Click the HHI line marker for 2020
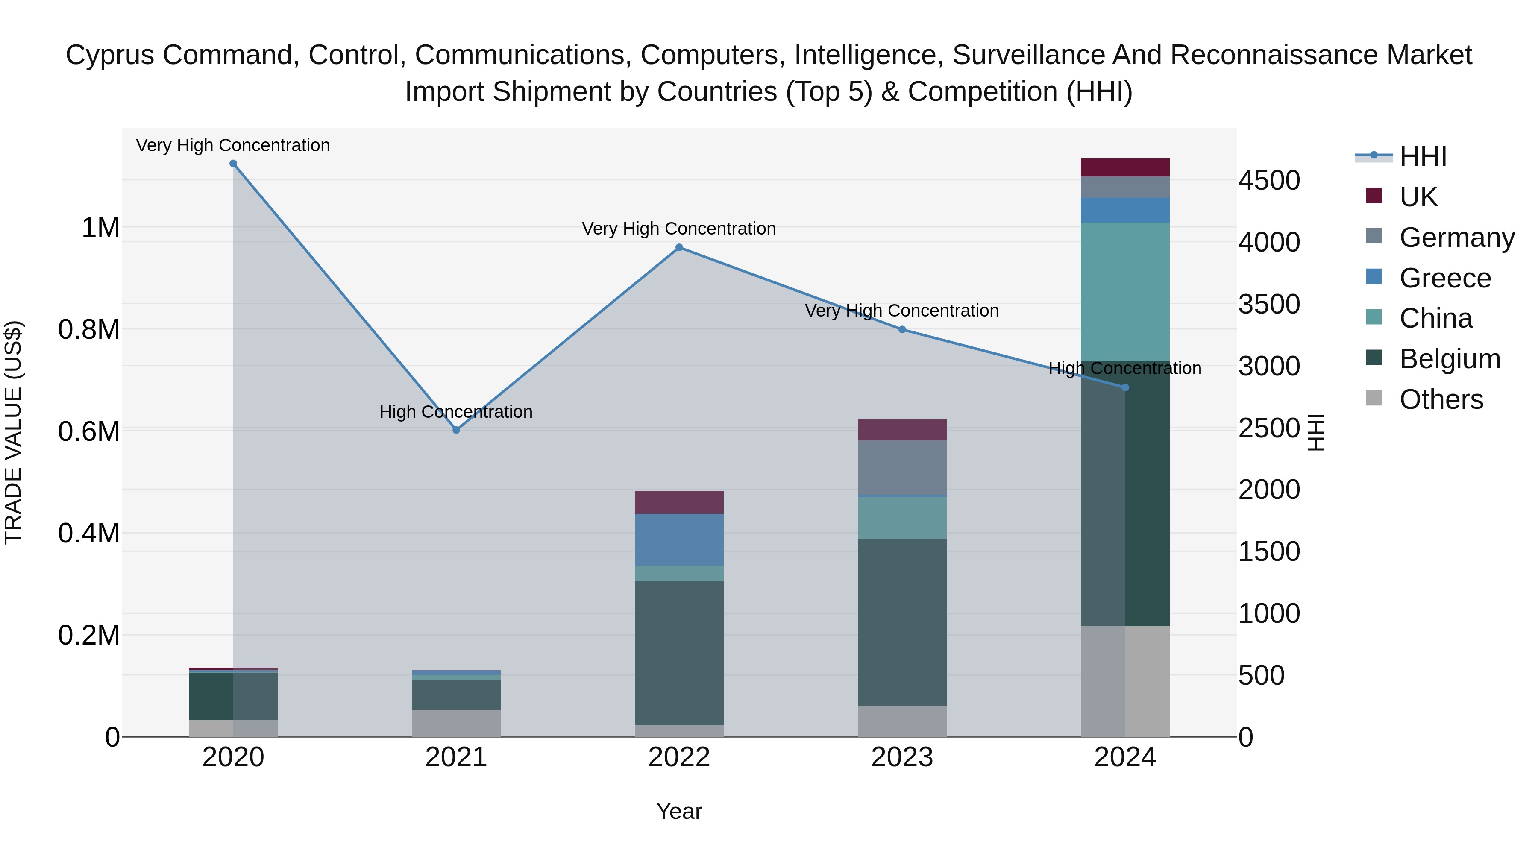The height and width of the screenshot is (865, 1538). click(x=233, y=164)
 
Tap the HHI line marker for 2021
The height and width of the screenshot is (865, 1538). click(x=456, y=430)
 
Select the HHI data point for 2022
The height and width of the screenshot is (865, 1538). click(x=679, y=247)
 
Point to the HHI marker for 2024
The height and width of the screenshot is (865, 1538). click(x=1125, y=387)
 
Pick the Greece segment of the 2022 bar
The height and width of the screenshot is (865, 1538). click(x=679, y=539)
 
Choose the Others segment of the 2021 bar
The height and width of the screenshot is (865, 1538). click(x=456, y=722)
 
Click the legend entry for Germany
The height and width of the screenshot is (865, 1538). click(x=1456, y=238)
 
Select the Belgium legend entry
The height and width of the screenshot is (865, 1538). click(x=1449, y=359)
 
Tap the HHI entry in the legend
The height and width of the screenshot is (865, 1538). click(x=1422, y=156)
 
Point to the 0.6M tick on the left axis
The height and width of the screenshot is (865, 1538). click(x=88, y=431)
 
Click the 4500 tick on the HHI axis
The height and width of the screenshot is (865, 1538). click(x=1269, y=180)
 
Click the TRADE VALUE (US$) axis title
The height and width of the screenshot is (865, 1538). click(x=13, y=432)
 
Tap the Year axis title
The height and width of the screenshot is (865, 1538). click(x=679, y=811)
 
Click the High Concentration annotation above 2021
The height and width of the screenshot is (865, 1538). click(x=456, y=411)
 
